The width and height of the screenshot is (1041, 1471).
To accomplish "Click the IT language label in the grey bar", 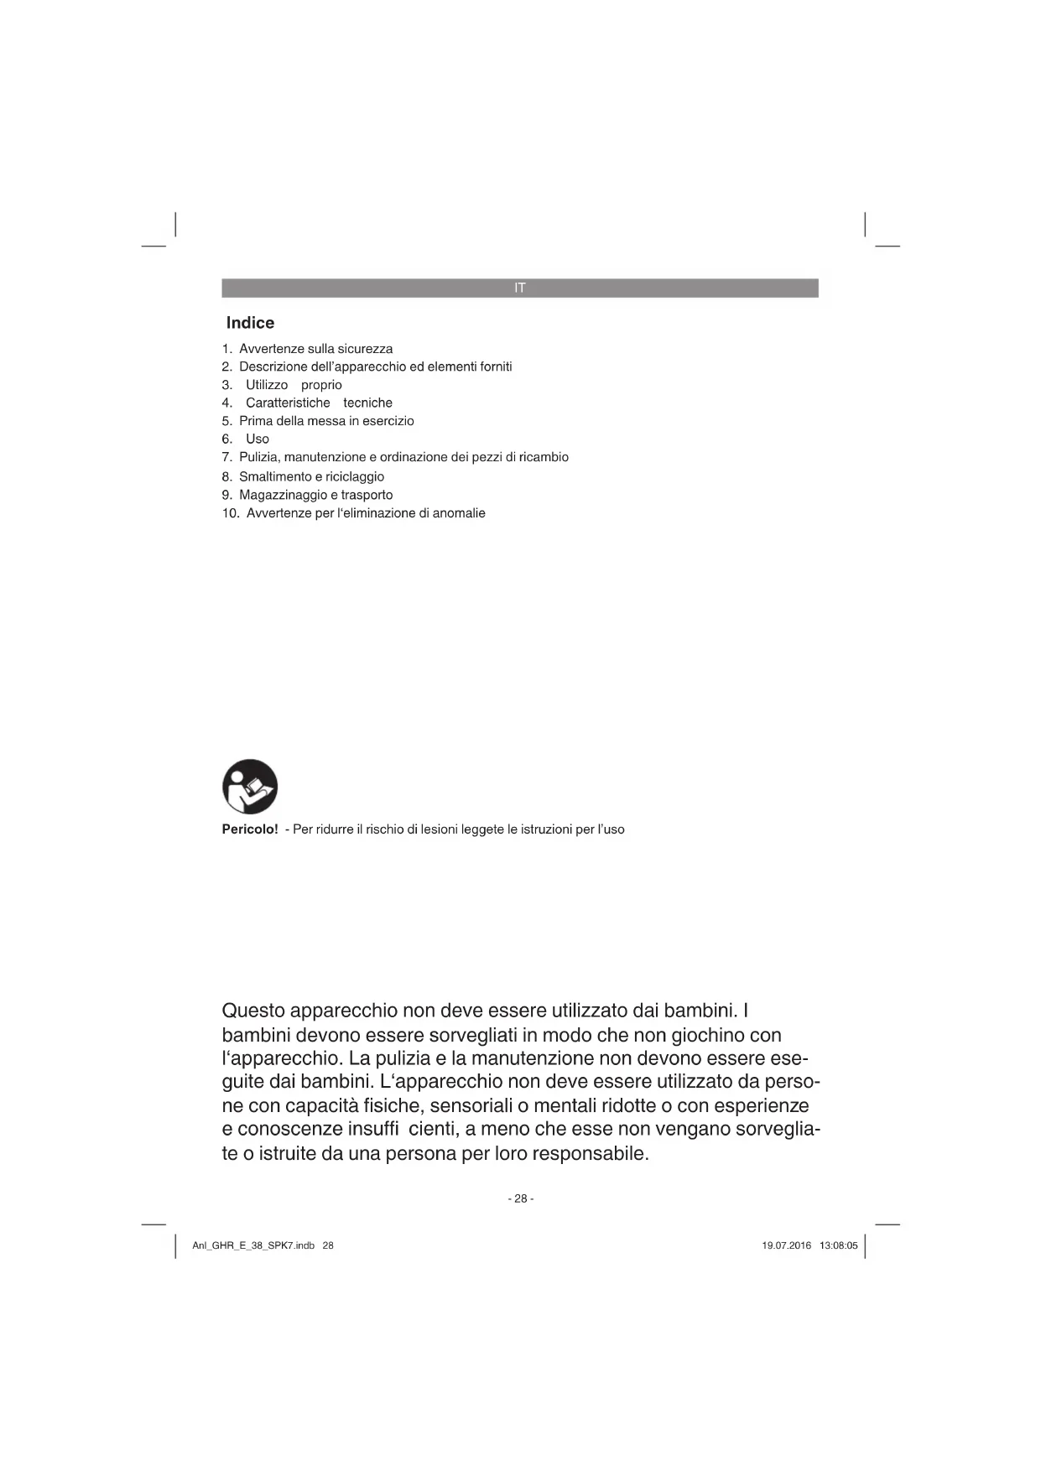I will [x=520, y=288].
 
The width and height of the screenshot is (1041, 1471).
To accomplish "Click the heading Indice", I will [x=250, y=323].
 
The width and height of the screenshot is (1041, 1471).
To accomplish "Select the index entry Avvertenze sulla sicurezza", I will [x=315, y=349].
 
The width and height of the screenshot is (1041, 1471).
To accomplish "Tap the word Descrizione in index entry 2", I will [x=271, y=366].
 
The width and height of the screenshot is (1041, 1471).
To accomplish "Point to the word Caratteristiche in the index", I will [x=288, y=403].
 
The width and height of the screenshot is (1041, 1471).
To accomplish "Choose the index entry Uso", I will [x=257, y=439].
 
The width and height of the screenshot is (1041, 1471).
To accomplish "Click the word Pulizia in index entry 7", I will [x=258, y=457].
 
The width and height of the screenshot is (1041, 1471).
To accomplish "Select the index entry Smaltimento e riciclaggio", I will [x=311, y=476].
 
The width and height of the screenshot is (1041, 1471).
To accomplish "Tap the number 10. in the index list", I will [x=231, y=513].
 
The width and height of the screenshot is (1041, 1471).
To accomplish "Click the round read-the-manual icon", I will [x=250, y=787].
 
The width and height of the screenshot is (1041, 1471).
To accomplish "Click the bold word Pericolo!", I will [x=249, y=829].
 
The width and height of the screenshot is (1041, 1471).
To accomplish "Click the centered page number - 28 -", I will [x=520, y=1198].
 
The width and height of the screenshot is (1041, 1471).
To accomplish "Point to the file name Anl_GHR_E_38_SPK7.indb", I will [x=253, y=1245].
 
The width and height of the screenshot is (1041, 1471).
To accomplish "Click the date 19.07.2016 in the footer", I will [x=786, y=1245].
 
